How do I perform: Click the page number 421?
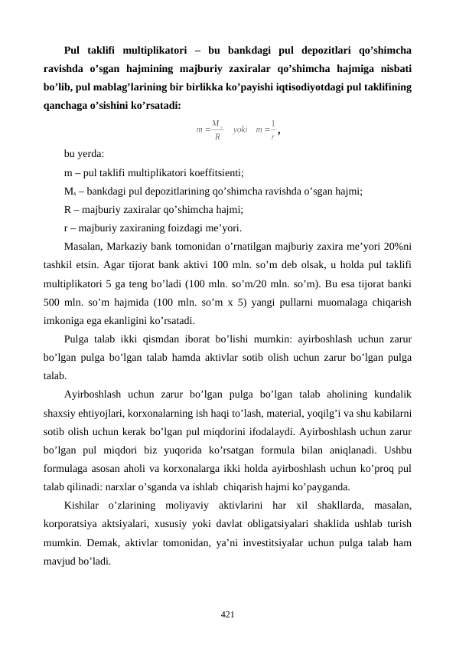point(227,614)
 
